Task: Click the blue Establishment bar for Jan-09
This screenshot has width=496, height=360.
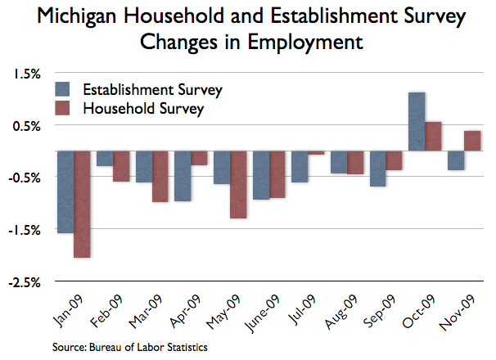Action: point(65,192)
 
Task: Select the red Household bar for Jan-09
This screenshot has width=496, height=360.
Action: point(82,205)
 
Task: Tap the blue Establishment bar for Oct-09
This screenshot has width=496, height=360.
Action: point(417,122)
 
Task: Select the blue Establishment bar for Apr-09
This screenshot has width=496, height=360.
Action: point(183,176)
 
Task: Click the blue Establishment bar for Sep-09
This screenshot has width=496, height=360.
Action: point(377,169)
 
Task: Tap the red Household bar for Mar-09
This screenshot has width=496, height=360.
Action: point(160,176)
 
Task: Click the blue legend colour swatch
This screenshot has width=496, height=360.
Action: point(63,88)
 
